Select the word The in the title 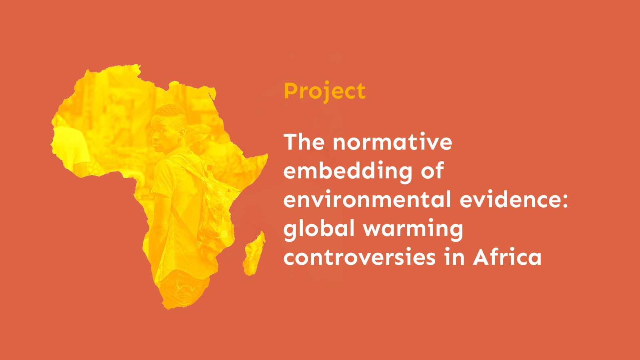(x=304, y=142)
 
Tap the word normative (x=392, y=142)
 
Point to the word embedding (x=348, y=171)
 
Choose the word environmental (x=367, y=200)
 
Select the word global (x=319, y=229)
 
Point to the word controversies (x=359, y=257)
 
